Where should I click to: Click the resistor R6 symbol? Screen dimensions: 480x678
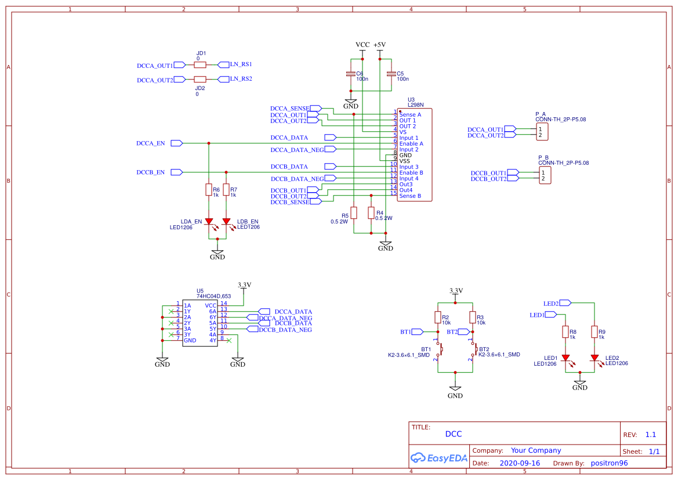[209, 190]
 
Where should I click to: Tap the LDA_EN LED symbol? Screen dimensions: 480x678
[209, 222]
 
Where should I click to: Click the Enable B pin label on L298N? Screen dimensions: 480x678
[411, 173]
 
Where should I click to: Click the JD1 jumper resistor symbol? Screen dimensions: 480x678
[200, 65]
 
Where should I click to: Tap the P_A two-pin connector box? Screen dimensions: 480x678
[543, 132]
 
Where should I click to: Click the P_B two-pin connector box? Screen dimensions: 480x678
[544, 175]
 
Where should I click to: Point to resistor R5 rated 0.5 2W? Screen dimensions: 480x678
[354, 213]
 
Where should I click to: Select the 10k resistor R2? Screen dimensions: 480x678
[438, 317]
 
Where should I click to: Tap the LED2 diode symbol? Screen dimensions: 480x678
[594, 358]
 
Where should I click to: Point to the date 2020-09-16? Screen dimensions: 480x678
[520, 463]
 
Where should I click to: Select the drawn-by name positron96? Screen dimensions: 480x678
[609, 463]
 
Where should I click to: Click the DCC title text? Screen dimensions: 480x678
[454, 434]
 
